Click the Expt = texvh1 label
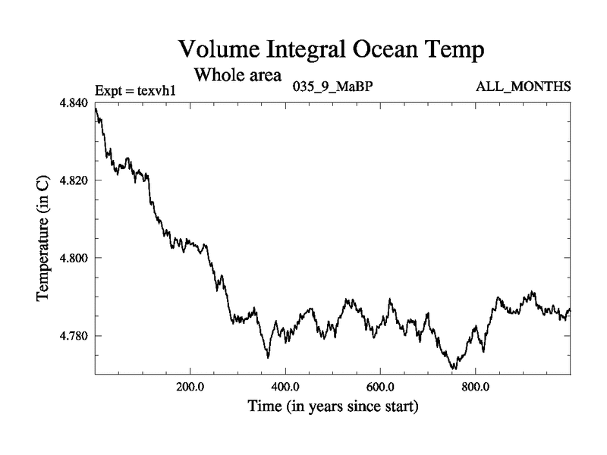point(136,90)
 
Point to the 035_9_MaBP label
point(332,86)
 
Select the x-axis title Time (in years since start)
point(332,407)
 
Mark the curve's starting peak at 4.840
point(96,108)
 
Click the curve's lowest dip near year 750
point(454,369)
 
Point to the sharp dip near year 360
point(268,357)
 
